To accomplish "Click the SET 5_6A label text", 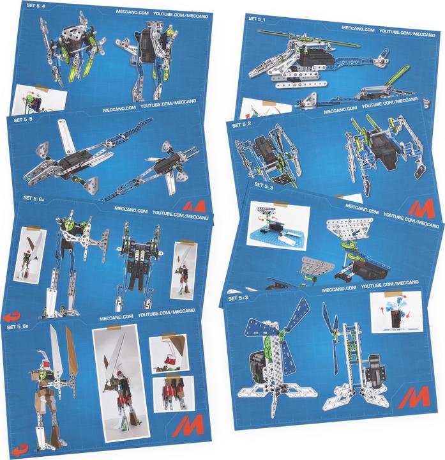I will [x=36, y=199].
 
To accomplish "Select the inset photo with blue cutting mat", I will [x=280, y=224].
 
